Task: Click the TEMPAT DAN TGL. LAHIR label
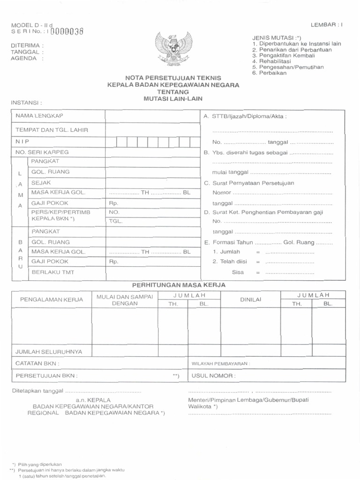[52, 129]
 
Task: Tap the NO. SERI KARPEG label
[42, 152]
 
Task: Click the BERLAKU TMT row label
[53, 271]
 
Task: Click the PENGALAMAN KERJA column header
[51, 299]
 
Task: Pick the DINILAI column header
[250, 299]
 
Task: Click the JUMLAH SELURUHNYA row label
[49, 351]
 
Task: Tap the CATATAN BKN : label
[38, 363]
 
